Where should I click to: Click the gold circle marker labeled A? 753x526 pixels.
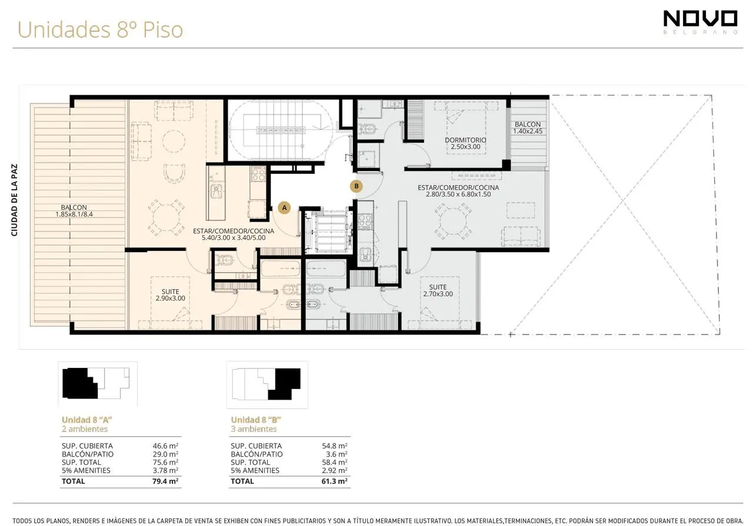click(284, 207)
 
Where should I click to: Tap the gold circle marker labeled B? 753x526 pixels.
click(356, 186)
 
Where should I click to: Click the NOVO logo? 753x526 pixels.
click(701, 22)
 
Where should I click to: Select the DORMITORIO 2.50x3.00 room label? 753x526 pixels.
click(465, 143)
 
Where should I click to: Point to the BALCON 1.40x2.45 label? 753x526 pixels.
click(528, 128)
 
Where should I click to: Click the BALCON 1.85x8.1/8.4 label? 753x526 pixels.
click(74, 210)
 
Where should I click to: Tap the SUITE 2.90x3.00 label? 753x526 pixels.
click(171, 294)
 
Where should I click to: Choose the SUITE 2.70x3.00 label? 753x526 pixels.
click(438, 290)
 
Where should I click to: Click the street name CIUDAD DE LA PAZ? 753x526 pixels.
click(14, 200)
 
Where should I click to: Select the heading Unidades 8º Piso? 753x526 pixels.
click(100, 29)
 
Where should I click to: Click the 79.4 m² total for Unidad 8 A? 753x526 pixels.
click(165, 481)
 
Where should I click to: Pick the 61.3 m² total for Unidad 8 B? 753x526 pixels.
click(335, 481)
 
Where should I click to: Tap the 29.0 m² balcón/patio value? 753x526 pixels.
click(165, 454)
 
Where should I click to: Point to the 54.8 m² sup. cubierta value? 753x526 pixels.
click(335, 445)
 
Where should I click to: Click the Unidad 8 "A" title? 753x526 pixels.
click(86, 420)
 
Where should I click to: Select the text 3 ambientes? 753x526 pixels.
click(254, 429)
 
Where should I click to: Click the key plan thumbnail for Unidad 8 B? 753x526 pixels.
click(267, 384)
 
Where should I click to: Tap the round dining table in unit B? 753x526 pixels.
click(452, 222)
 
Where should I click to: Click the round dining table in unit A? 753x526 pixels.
click(166, 217)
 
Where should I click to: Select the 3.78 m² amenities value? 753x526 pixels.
click(165, 470)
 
